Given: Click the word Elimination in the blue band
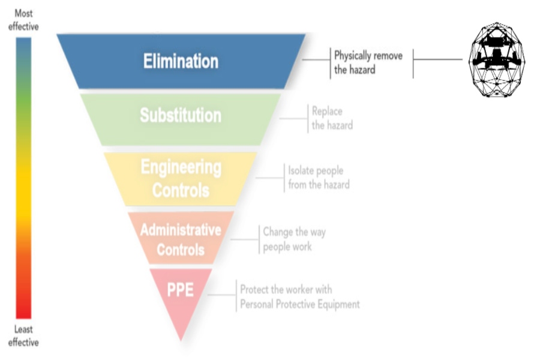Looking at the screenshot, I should [x=181, y=61].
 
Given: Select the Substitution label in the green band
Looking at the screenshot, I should [x=181, y=115].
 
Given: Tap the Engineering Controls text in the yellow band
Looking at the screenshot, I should [x=181, y=178].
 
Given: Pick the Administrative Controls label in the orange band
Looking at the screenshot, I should [x=181, y=239].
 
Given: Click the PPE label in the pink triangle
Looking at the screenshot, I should [x=181, y=289].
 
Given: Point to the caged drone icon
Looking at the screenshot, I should [x=497, y=60].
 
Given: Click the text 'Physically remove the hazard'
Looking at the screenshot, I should [x=368, y=63].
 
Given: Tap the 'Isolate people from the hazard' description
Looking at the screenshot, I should [x=318, y=178].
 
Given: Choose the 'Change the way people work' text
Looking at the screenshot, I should [x=294, y=239].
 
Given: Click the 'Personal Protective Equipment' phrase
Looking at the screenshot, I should [x=300, y=304].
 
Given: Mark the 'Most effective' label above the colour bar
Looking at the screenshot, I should [x=23, y=19].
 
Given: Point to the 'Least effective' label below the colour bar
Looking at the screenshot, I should [x=23, y=336].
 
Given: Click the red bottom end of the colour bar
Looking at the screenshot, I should [x=23, y=312].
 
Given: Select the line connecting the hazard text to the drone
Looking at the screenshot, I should [x=438, y=59].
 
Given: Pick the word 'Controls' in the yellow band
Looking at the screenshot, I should [x=181, y=190].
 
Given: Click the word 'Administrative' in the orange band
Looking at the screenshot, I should [x=181, y=230].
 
